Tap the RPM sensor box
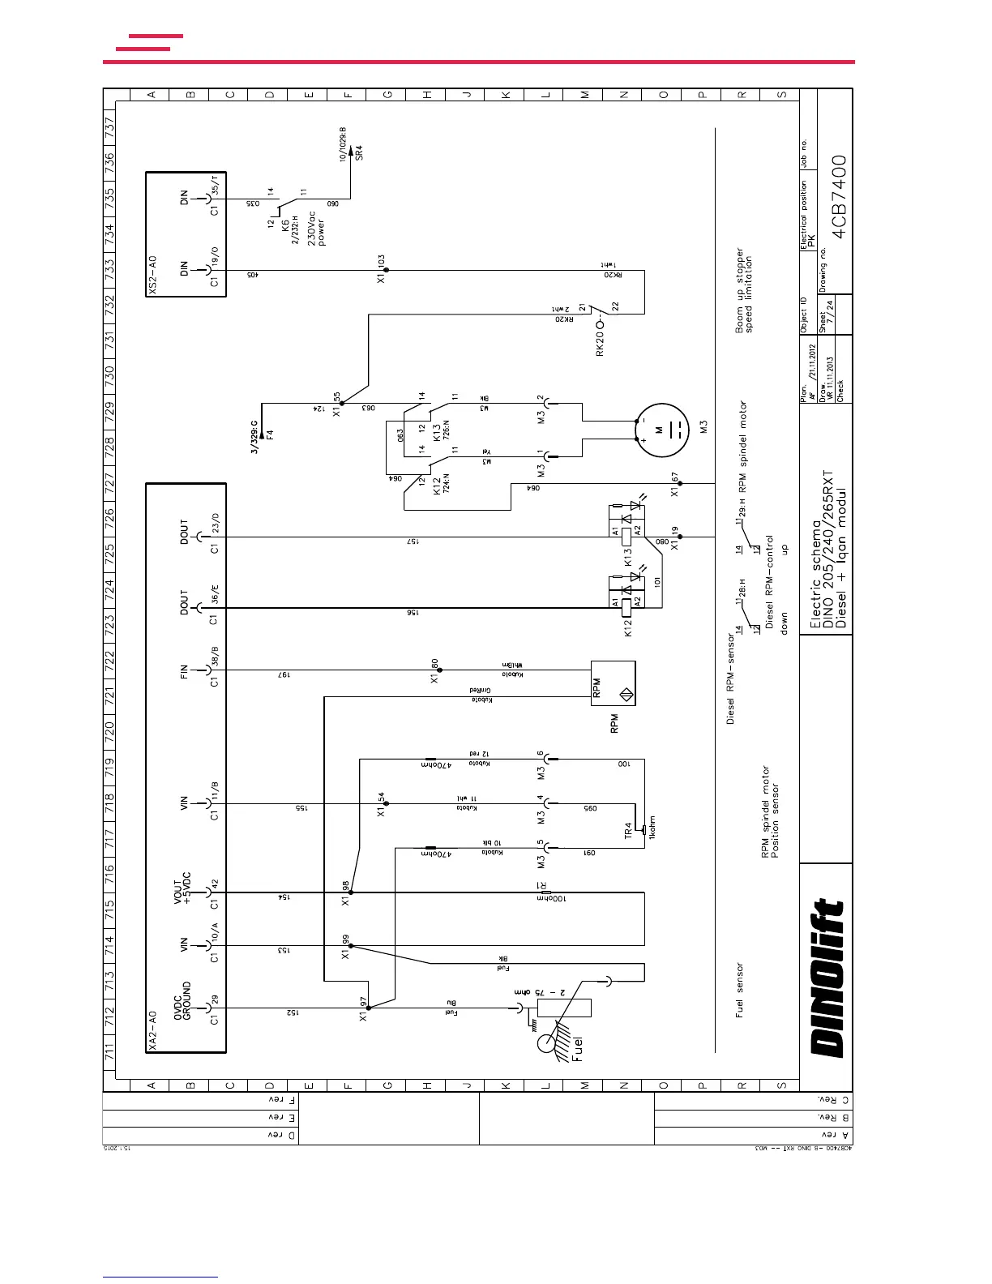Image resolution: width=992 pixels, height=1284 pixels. pos(614,683)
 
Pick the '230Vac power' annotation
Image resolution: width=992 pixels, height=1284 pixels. pos(316,226)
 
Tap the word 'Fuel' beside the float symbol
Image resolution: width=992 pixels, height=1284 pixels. pos(577,1049)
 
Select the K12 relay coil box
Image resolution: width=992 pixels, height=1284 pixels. pos(626,601)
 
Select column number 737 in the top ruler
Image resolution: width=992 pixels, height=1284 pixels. pos(110,128)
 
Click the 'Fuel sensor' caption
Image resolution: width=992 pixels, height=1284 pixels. pos(738,990)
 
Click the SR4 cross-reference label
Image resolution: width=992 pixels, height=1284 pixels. pos(360,152)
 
